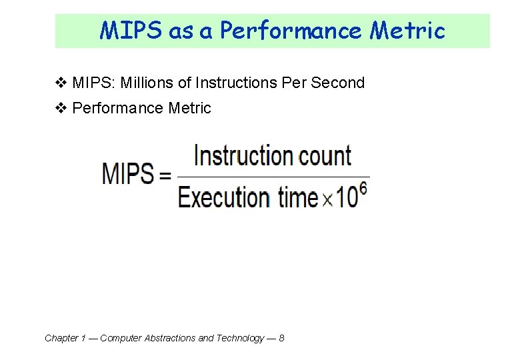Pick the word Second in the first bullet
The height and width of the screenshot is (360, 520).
[339, 83]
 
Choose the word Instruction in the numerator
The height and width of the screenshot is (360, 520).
[243, 156]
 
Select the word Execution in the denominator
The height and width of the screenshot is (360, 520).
[224, 198]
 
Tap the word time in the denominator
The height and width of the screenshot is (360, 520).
[297, 198]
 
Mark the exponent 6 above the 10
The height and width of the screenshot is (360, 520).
[363, 188]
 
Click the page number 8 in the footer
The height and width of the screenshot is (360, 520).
[281, 338]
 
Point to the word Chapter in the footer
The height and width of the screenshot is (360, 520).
[61, 338]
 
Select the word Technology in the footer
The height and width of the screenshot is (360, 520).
[239, 338]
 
